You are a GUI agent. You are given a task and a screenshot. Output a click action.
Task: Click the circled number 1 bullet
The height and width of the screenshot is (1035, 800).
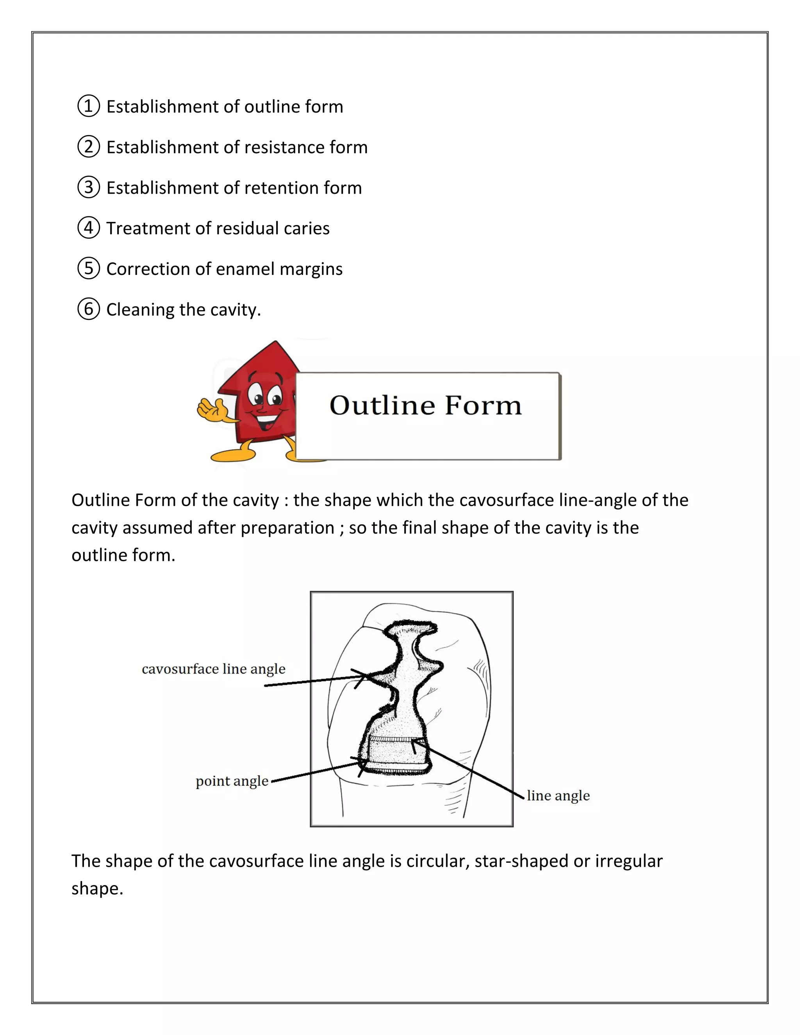pyautogui.click(x=89, y=106)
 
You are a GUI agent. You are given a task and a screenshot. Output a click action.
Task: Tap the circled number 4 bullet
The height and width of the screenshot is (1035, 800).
pyautogui.click(x=89, y=228)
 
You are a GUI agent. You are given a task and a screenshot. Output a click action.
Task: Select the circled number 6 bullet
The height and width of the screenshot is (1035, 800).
pyautogui.click(x=89, y=309)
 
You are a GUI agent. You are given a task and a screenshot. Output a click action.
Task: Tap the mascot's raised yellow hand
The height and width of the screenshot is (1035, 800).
pyautogui.click(x=211, y=409)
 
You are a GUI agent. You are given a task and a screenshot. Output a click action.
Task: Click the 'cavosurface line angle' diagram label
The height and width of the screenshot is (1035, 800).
pyautogui.click(x=213, y=669)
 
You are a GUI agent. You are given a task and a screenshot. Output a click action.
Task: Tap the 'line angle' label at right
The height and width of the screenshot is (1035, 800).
pyautogui.click(x=558, y=796)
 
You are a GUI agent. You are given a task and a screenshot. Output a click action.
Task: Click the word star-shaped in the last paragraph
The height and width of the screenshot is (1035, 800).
pyautogui.click(x=521, y=861)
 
